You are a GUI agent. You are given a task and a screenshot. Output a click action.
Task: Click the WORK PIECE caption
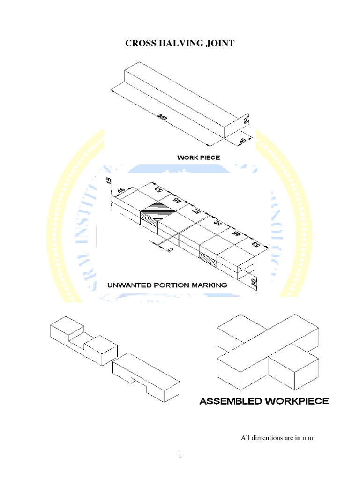[x=198, y=158]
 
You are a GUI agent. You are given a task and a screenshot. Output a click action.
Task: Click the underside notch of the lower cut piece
[x=140, y=380]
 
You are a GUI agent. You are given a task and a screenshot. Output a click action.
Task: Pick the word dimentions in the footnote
[x=269, y=438]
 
